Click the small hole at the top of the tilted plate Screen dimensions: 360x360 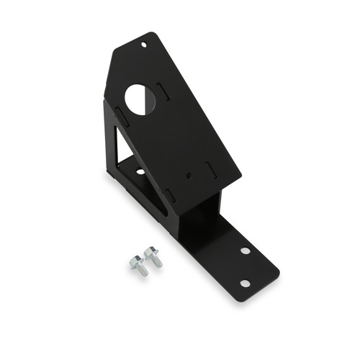click(144, 45)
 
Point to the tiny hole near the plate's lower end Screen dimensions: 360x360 click(189, 174)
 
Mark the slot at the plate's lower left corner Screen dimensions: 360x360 click(171, 194)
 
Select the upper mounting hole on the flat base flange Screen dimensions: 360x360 click(246, 251)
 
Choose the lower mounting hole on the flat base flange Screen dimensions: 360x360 click(245, 283)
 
